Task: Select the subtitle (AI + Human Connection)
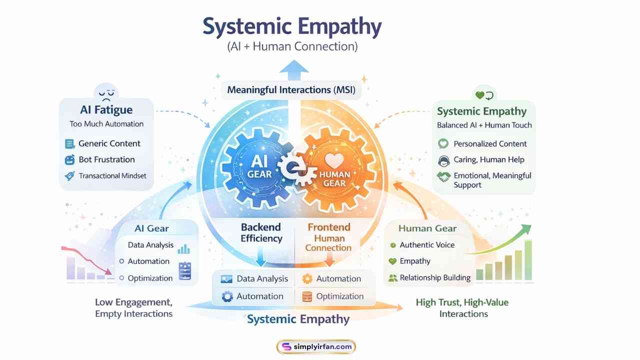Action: pos(292,46)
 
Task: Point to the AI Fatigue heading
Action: pos(106,109)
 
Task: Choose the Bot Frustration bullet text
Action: pos(106,159)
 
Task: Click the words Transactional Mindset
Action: pos(112,175)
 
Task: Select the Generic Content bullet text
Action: pos(109,143)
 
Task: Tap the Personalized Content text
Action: pos(490,143)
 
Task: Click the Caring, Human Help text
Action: pos(489,160)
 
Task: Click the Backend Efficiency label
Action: pos(261,232)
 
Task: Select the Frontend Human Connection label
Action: pos(328,237)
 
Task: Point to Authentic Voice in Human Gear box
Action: pos(427,244)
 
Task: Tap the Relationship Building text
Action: pos(435,277)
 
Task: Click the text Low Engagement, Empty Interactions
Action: pos(134,308)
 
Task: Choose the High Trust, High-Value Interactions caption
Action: pos(463,308)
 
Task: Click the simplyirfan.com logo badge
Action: pos(316,346)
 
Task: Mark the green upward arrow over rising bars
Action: pos(505,240)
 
